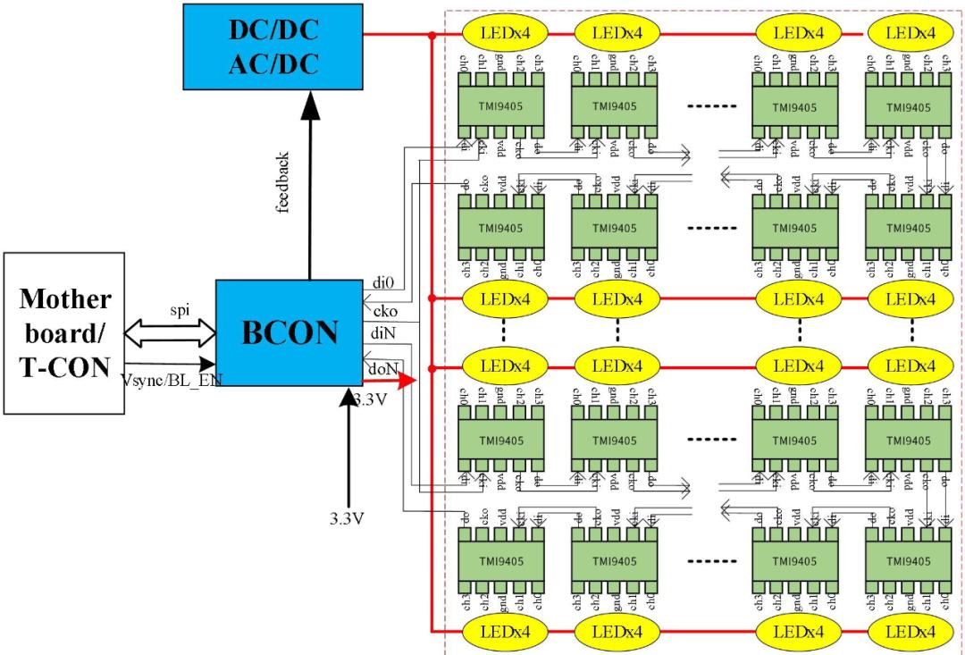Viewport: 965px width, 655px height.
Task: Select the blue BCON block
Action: pyautogui.click(x=289, y=332)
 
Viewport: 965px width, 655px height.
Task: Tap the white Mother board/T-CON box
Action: pyautogui.click(x=64, y=332)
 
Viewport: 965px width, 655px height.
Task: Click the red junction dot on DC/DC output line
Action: pyautogui.click(x=432, y=35)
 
